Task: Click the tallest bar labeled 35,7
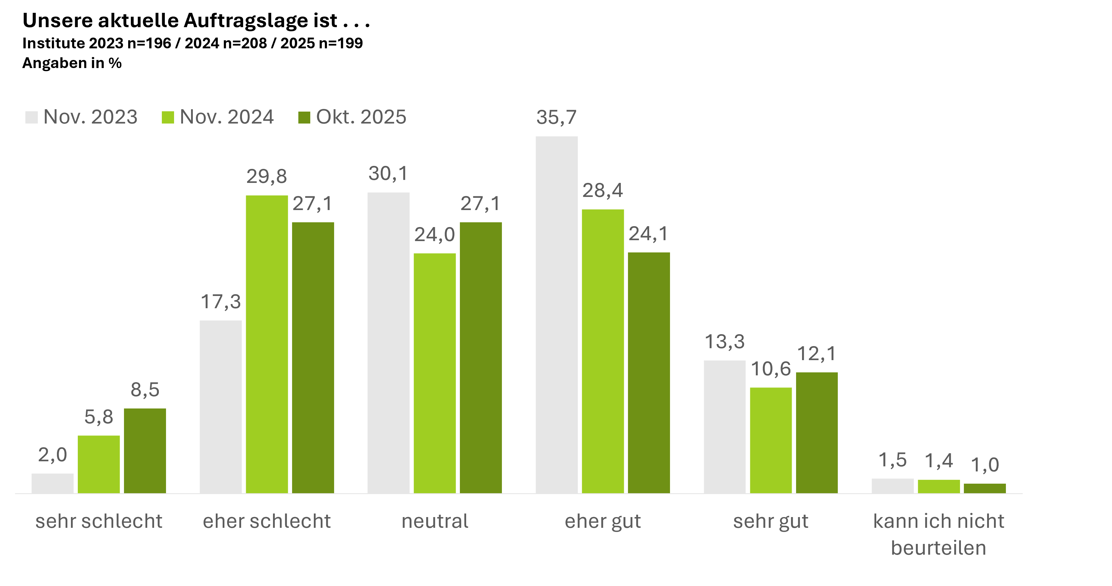pos(556,314)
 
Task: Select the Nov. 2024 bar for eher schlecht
pos(267,344)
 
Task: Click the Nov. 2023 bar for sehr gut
pos(724,427)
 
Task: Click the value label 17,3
pos(221,302)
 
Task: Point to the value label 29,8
pos(267,176)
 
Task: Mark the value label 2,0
pos(53,455)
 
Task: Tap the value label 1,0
pos(985,465)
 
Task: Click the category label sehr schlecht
pos(99,521)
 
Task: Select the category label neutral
pos(435,521)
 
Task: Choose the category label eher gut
pos(603,521)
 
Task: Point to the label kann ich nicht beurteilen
pos(939,535)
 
